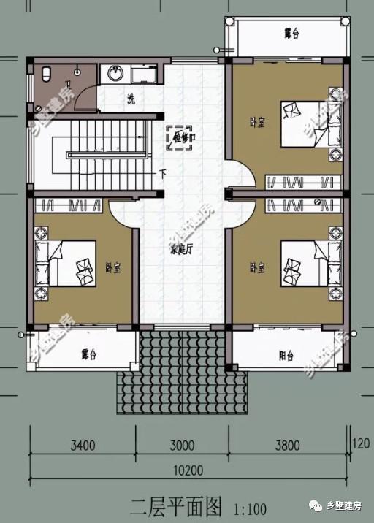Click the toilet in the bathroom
[45, 73]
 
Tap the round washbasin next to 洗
[115, 73]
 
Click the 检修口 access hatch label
[179, 137]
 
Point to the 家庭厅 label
[180, 249]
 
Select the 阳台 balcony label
[286, 356]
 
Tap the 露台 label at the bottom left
[89, 354]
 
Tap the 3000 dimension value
[180, 446]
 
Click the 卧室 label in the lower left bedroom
[112, 268]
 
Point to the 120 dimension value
[361, 443]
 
